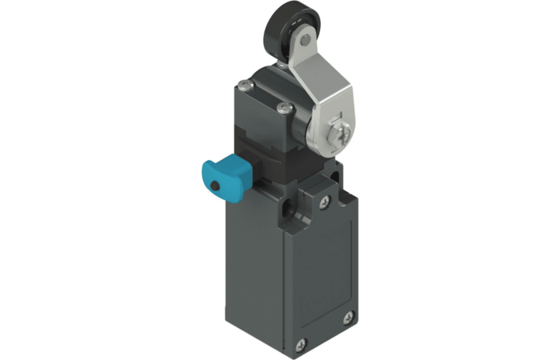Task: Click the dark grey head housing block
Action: click(x=256, y=128)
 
